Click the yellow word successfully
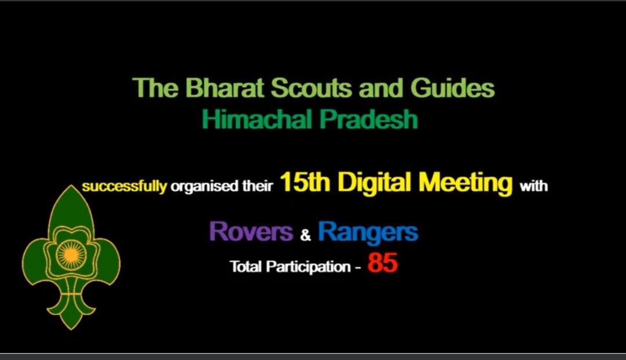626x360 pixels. point(124,187)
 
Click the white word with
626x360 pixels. point(533,187)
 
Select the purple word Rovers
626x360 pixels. point(251,232)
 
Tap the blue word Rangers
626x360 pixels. point(368,232)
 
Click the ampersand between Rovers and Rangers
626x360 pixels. point(306,235)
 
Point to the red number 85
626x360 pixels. point(382,264)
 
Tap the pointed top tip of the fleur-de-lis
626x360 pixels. point(71,187)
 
